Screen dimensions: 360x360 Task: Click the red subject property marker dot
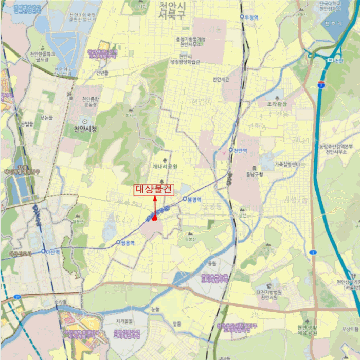154,218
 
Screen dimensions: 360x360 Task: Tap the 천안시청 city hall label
85,129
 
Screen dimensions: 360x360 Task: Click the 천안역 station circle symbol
231,150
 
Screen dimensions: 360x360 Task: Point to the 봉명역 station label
194,199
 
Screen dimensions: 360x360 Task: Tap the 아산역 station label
53,252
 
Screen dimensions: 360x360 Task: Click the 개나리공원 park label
165,167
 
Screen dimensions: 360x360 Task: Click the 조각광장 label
278,103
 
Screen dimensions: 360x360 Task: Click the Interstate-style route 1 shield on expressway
321,84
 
